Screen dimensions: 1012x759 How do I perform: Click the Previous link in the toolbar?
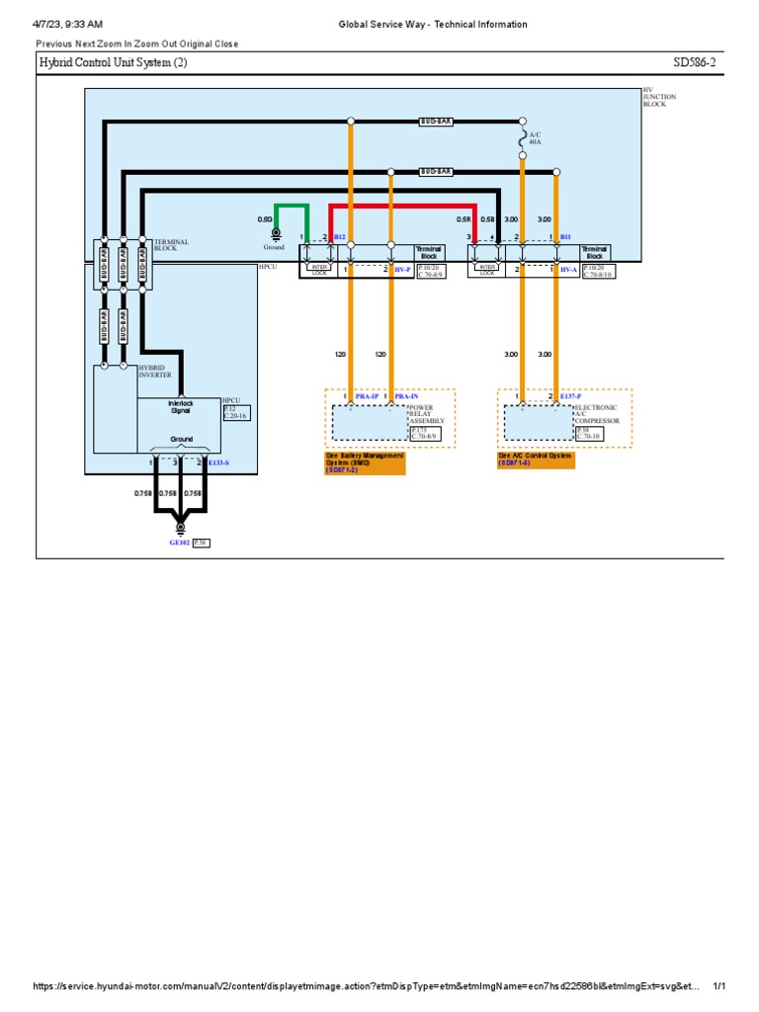click(x=54, y=43)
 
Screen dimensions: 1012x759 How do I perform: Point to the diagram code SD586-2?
click(x=697, y=63)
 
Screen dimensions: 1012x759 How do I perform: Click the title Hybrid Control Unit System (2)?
click(x=113, y=63)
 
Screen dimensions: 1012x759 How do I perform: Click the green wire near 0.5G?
click(x=292, y=206)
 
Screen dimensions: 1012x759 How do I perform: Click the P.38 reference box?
click(x=201, y=543)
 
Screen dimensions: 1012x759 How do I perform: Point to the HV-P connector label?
click(x=401, y=269)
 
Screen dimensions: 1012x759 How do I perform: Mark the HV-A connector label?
click(x=567, y=269)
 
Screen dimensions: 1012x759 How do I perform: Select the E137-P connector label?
click(x=571, y=396)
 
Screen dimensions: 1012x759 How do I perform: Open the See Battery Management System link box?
click(x=366, y=463)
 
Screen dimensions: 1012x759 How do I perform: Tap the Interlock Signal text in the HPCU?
click(x=180, y=407)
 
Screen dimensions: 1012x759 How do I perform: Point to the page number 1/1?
click(x=718, y=986)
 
